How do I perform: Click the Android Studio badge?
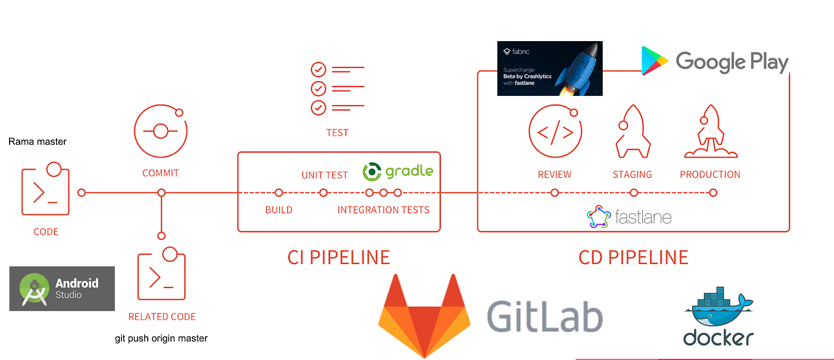pyautogui.click(x=62, y=288)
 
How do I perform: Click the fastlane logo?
pyautogui.click(x=629, y=217)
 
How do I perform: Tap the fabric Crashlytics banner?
pyautogui.click(x=550, y=69)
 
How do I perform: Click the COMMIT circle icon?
pyautogui.click(x=160, y=131)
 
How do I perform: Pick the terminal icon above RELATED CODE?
pyautogui.click(x=161, y=275)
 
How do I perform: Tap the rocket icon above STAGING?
pyautogui.click(x=633, y=132)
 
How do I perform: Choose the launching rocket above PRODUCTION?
pyautogui.click(x=711, y=132)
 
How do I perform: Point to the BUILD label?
pyautogui.click(x=279, y=210)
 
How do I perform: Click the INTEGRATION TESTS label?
pyautogui.click(x=383, y=210)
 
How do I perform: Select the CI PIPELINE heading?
pyautogui.click(x=338, y=257)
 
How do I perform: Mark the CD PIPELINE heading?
pyautogui.click(x=633, y=257)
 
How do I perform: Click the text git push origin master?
pyautogui.click(x=161, y=338)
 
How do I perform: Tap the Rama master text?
pyautogui.click(x=38, y=142)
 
